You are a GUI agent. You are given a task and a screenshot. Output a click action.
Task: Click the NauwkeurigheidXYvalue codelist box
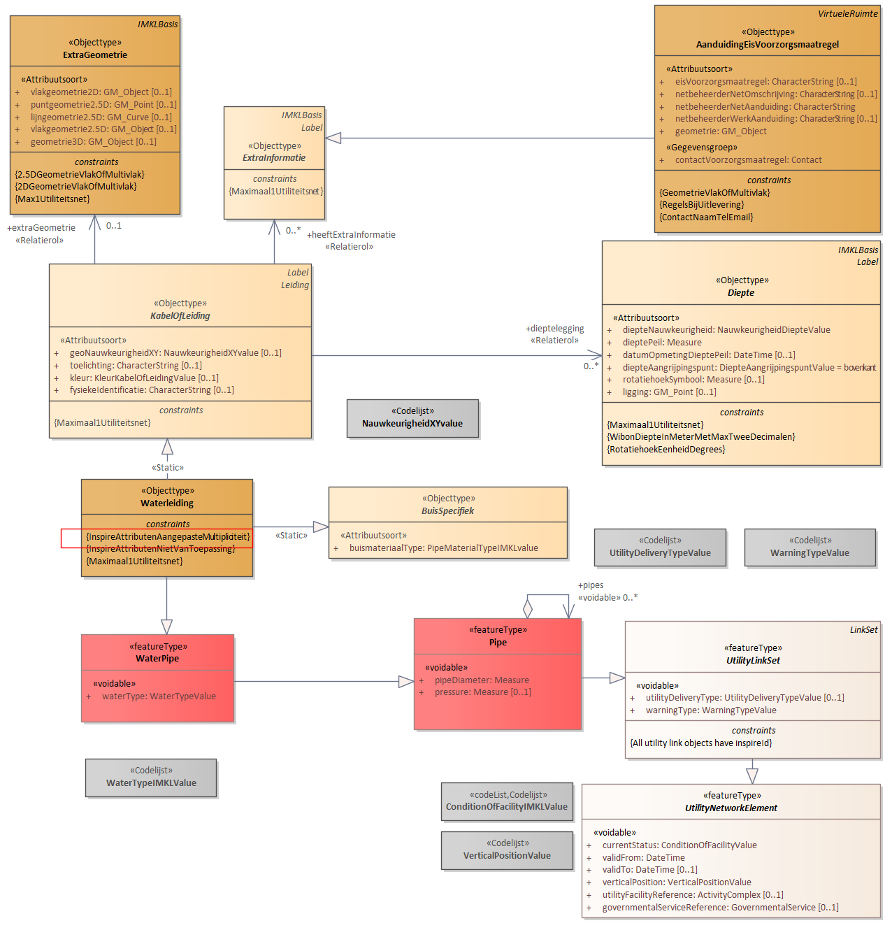pyautogui.click(x=412, y=418)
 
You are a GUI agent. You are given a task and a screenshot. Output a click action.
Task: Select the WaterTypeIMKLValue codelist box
pyautogui.click(x=151, y=778)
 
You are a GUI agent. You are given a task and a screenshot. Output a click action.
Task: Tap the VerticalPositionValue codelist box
pyautogui.click(x=506, y=851)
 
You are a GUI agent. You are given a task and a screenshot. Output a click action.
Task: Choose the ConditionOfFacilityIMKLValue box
pyautogui.click(x=506, y=801)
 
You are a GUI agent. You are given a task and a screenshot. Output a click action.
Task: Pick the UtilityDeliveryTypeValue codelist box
pyautogui.click(x=660, y=548)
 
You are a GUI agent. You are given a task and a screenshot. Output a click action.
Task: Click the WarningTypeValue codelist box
pyautogui.click(x=810, y=548)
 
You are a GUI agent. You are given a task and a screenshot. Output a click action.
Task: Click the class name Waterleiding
pyautogui.click(x=167, y=503)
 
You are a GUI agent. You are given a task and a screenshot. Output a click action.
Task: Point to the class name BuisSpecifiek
pyautogui.click(x=447, y=510)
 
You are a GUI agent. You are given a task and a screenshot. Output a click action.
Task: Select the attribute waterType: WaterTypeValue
pyautogui.click(x=159, y=696)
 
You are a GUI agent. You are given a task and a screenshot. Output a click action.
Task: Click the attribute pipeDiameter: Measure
pyautogui.click(x=482, y=680)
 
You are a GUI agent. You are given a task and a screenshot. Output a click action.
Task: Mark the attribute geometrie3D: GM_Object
pyautogui.click(x=93, y=141)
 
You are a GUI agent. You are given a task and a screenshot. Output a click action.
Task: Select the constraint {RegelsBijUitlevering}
pyautogui.click(x=701, y=205)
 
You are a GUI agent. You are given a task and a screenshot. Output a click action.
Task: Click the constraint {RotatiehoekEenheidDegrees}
pyautogui.click(x=666, y=449)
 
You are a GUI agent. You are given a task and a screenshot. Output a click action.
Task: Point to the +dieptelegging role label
pyautogui.click(x=554, y=329)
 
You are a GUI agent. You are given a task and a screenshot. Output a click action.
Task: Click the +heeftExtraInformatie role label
pyautogui.click(x=351, y=235)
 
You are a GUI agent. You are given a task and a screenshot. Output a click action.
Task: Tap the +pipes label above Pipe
pyautogui.click(x=590, y=585)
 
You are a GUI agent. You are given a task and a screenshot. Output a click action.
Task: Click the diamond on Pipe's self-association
pyautogui.click(x=527, y=608)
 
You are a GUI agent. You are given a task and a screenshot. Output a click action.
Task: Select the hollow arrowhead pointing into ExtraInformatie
pyautogui.click(x=333, y=138)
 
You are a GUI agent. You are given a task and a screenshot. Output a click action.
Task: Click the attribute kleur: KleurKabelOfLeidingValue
pyautogui.click(x=144, y=378)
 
